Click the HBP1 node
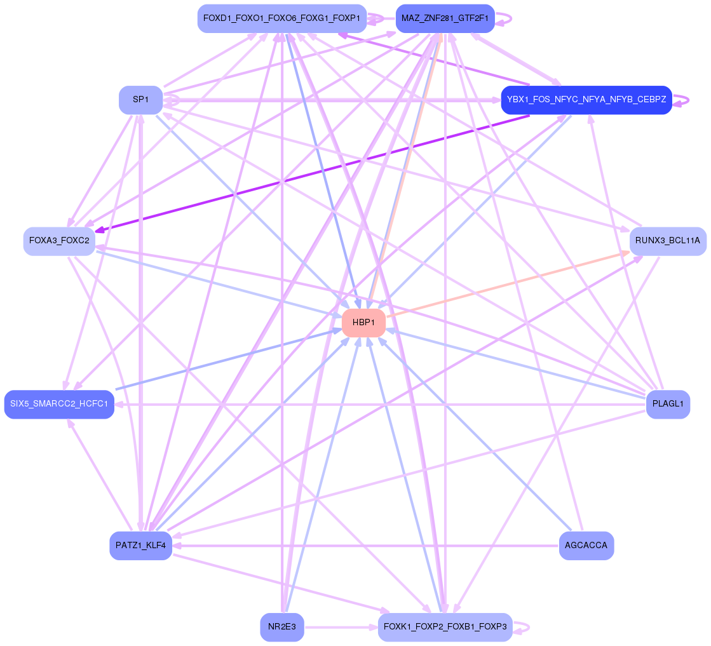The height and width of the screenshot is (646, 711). coord(363,323)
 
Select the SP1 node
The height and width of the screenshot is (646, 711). coord(140,100)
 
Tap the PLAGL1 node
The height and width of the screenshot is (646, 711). coord(668,404)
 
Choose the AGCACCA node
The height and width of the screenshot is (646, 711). coord(586,546)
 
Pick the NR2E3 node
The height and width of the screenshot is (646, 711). coord(282,627)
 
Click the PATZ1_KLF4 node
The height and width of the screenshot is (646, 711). coord(140,546)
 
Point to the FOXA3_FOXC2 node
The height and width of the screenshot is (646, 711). coord(59,241)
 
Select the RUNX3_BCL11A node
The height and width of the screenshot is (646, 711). coord(667,241)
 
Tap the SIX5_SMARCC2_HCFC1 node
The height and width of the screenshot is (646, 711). coord(59,404)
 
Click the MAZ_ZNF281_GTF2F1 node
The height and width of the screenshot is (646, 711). coord(445,18)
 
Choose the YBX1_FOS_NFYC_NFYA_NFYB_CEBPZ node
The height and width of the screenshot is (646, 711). coord(586,100)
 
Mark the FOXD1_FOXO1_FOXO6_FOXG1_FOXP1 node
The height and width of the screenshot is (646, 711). coord(282,18)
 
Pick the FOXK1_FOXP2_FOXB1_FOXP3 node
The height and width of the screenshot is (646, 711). coord(445,627)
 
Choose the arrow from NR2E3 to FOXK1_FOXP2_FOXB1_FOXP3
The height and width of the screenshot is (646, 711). coord(340,627)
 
